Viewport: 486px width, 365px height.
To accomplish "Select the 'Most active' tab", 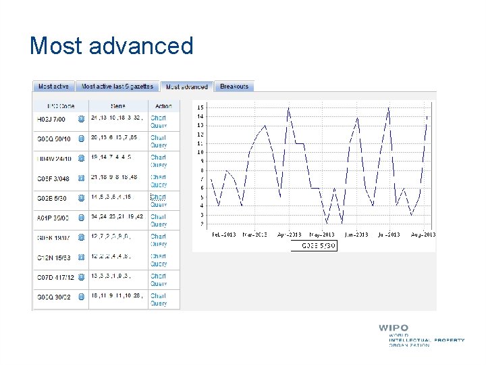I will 53,87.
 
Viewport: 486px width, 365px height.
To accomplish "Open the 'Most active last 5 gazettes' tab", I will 117,87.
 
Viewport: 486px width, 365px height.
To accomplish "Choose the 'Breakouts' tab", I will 234,87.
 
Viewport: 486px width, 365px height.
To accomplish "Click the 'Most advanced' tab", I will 187,87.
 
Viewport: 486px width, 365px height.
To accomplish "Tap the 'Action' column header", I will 163,106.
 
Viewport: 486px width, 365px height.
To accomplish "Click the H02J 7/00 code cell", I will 51,119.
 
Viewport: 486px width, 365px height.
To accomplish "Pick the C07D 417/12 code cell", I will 55,277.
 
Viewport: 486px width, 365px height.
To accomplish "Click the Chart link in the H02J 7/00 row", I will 158,118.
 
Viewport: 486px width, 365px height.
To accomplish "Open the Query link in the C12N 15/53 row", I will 159,264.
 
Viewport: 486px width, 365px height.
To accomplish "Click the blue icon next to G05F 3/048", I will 81,178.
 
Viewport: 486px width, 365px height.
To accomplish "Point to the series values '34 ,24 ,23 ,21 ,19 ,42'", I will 117,217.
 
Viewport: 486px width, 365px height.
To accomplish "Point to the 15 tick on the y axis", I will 200,107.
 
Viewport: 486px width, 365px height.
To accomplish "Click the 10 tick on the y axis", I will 200,152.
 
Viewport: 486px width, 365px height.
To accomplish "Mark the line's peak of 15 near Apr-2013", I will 288,108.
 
